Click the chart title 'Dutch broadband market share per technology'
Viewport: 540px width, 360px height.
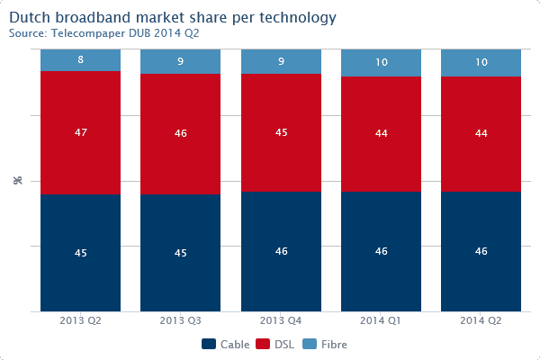[x=173, y=17]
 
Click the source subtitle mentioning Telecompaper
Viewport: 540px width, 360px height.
[x=103, y=33]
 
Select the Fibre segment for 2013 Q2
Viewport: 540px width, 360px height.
[x=80, y=60]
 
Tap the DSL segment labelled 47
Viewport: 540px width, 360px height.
[x=80, y=132]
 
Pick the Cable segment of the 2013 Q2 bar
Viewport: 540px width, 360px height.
[x=80, y=253]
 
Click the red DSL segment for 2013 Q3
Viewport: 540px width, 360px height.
[x=180, y=133]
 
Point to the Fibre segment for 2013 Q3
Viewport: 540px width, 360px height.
[x=180, y=61]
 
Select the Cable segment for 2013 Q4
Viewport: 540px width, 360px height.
[x=281, y=252]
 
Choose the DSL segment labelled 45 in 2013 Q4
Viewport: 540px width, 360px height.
[x=281, y=133]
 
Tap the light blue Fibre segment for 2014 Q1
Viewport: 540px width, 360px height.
[x=381, y=63]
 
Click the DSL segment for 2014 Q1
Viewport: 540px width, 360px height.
[x=381, y=134]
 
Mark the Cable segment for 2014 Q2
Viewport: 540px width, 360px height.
[x=481, y=252]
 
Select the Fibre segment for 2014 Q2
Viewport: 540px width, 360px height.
[x=481, y=63]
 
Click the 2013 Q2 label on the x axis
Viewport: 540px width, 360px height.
[x=80, y=321]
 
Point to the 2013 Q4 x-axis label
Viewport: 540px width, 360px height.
[x=281, y=321]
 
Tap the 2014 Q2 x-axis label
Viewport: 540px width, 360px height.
[x=481, y=321]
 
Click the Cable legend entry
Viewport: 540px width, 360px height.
[x=226, y=344]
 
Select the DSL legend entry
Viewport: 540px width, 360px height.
[x=277, y=344]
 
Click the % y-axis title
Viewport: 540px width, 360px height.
[x=18, y=181]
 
